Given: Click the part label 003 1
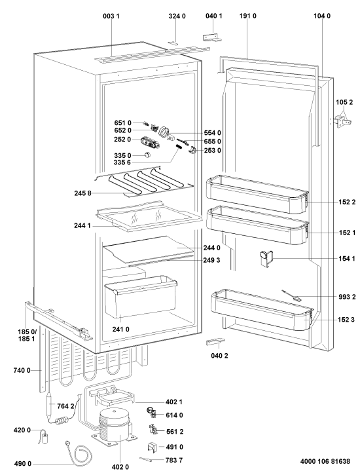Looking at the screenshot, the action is [x=111, y=16].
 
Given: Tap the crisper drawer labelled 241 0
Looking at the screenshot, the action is [x=140, y=297].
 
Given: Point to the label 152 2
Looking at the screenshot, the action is [x=347, y=202].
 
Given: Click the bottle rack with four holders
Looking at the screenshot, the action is [x=144, y=182].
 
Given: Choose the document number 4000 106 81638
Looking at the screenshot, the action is [x=325, y=461].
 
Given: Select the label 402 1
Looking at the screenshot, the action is [x=174, y=402].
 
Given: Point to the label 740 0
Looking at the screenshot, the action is [x=22, y=370].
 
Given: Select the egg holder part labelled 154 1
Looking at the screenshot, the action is [x=265, y=258].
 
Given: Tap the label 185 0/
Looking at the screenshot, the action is [x=27, y=332].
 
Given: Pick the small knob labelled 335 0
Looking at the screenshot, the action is [x=147, y=155].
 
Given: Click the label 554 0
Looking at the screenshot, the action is [x=213, y=133].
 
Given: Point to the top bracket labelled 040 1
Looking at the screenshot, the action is [x=212, y=37].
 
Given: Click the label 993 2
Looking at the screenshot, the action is [x=347, y=297].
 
